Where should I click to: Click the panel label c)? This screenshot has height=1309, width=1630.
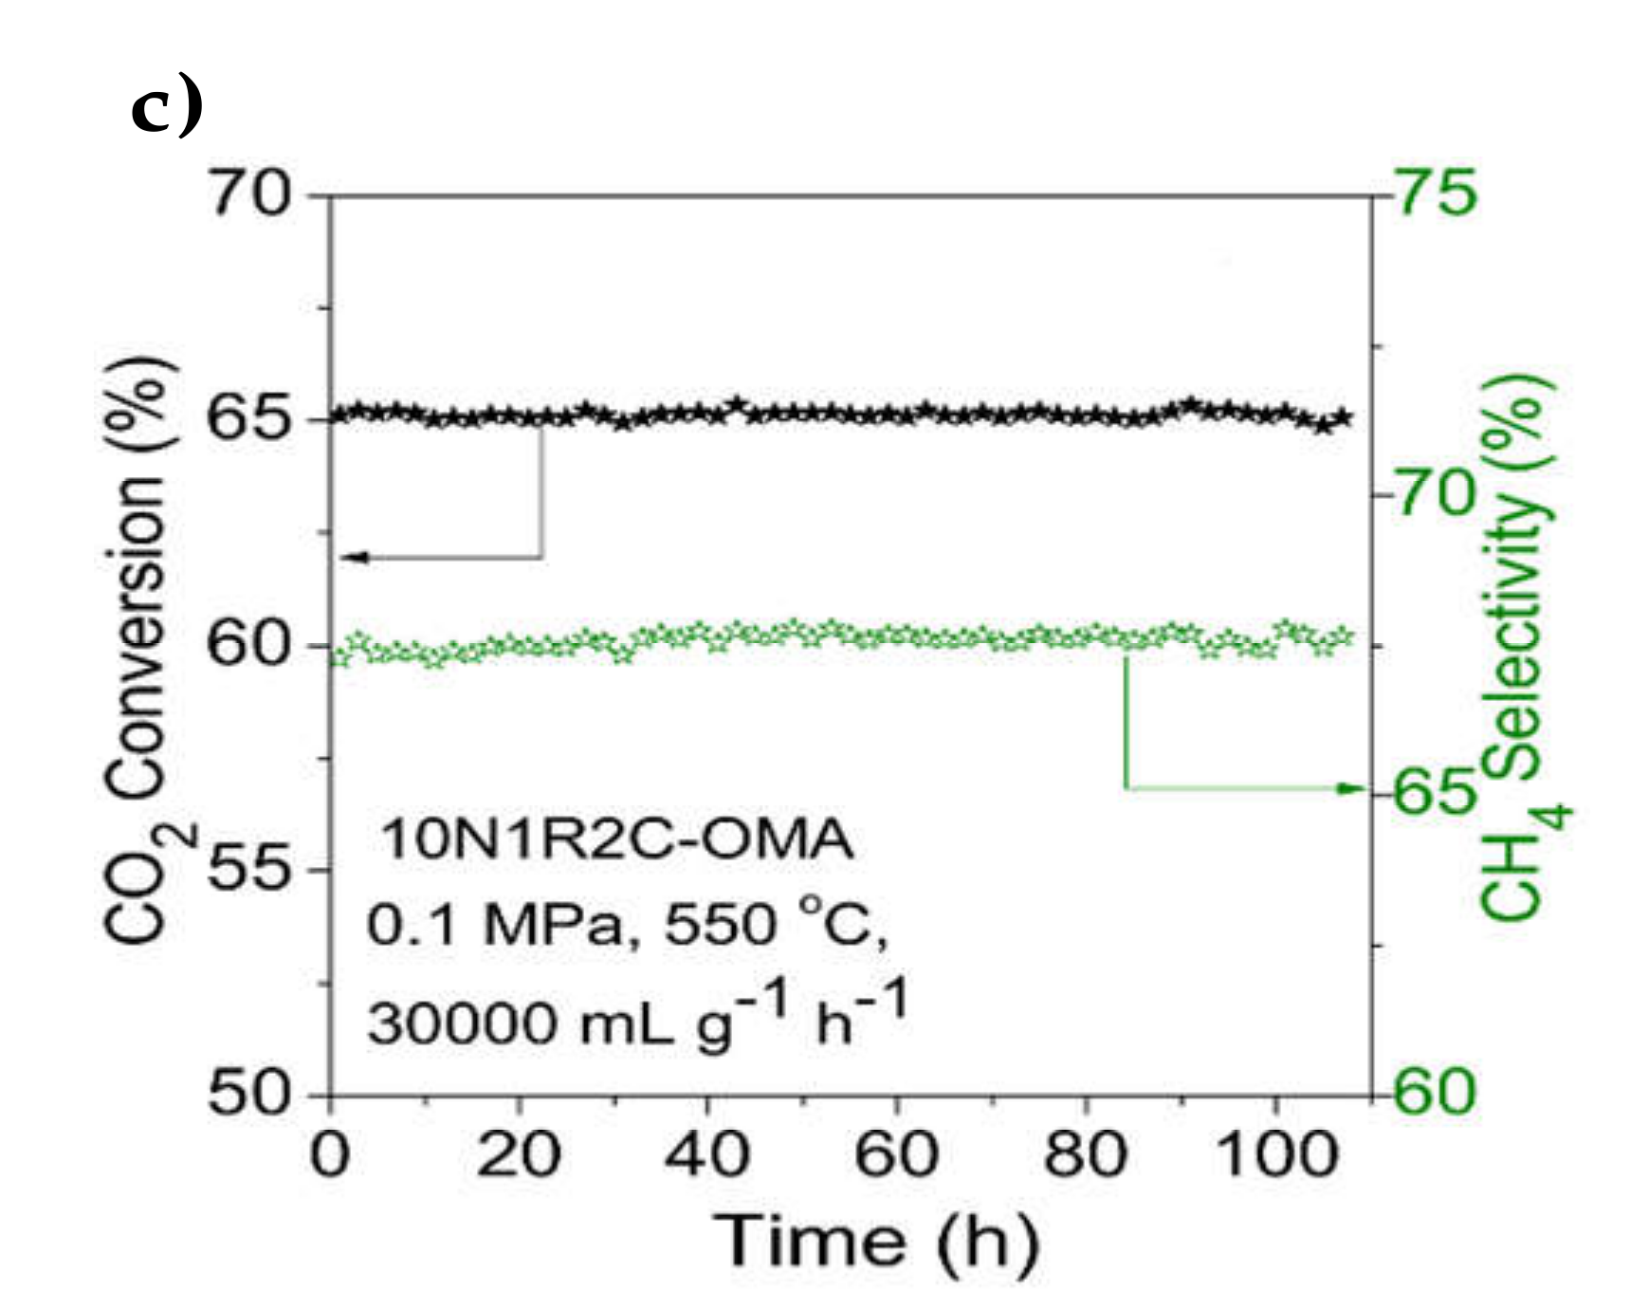tap(167, 108)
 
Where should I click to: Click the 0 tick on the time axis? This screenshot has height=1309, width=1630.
tap(329, 1156)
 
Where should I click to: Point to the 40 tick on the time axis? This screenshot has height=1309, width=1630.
tap(707, 1156)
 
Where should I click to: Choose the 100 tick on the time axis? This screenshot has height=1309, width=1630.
tap(1276, 1156)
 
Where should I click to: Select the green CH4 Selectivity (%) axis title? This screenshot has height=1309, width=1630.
tap(1522, 645)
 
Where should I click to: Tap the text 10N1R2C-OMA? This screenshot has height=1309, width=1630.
tap(616, 840)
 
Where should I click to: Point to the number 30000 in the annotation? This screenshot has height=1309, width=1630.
tap(461, 1024)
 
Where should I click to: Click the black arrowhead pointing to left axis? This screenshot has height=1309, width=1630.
tap(352, 557)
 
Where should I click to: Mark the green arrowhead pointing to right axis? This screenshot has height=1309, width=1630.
tap(1350, 788)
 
